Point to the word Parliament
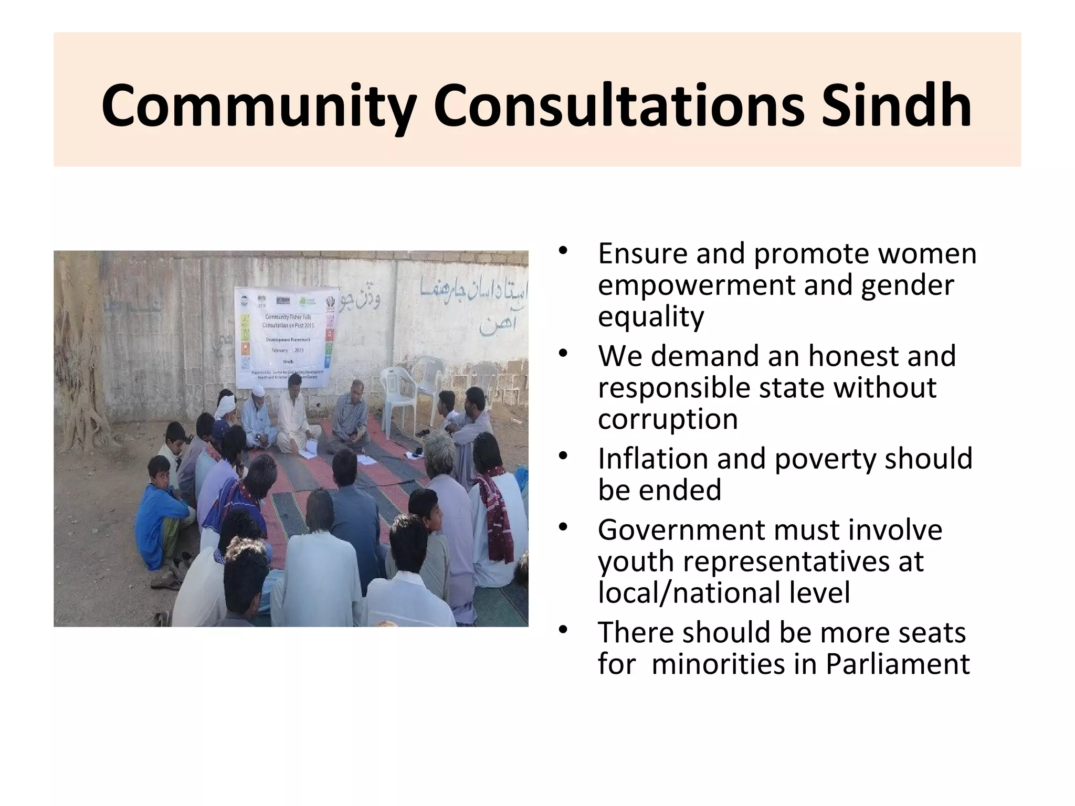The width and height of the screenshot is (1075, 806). (x=898, y=664)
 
